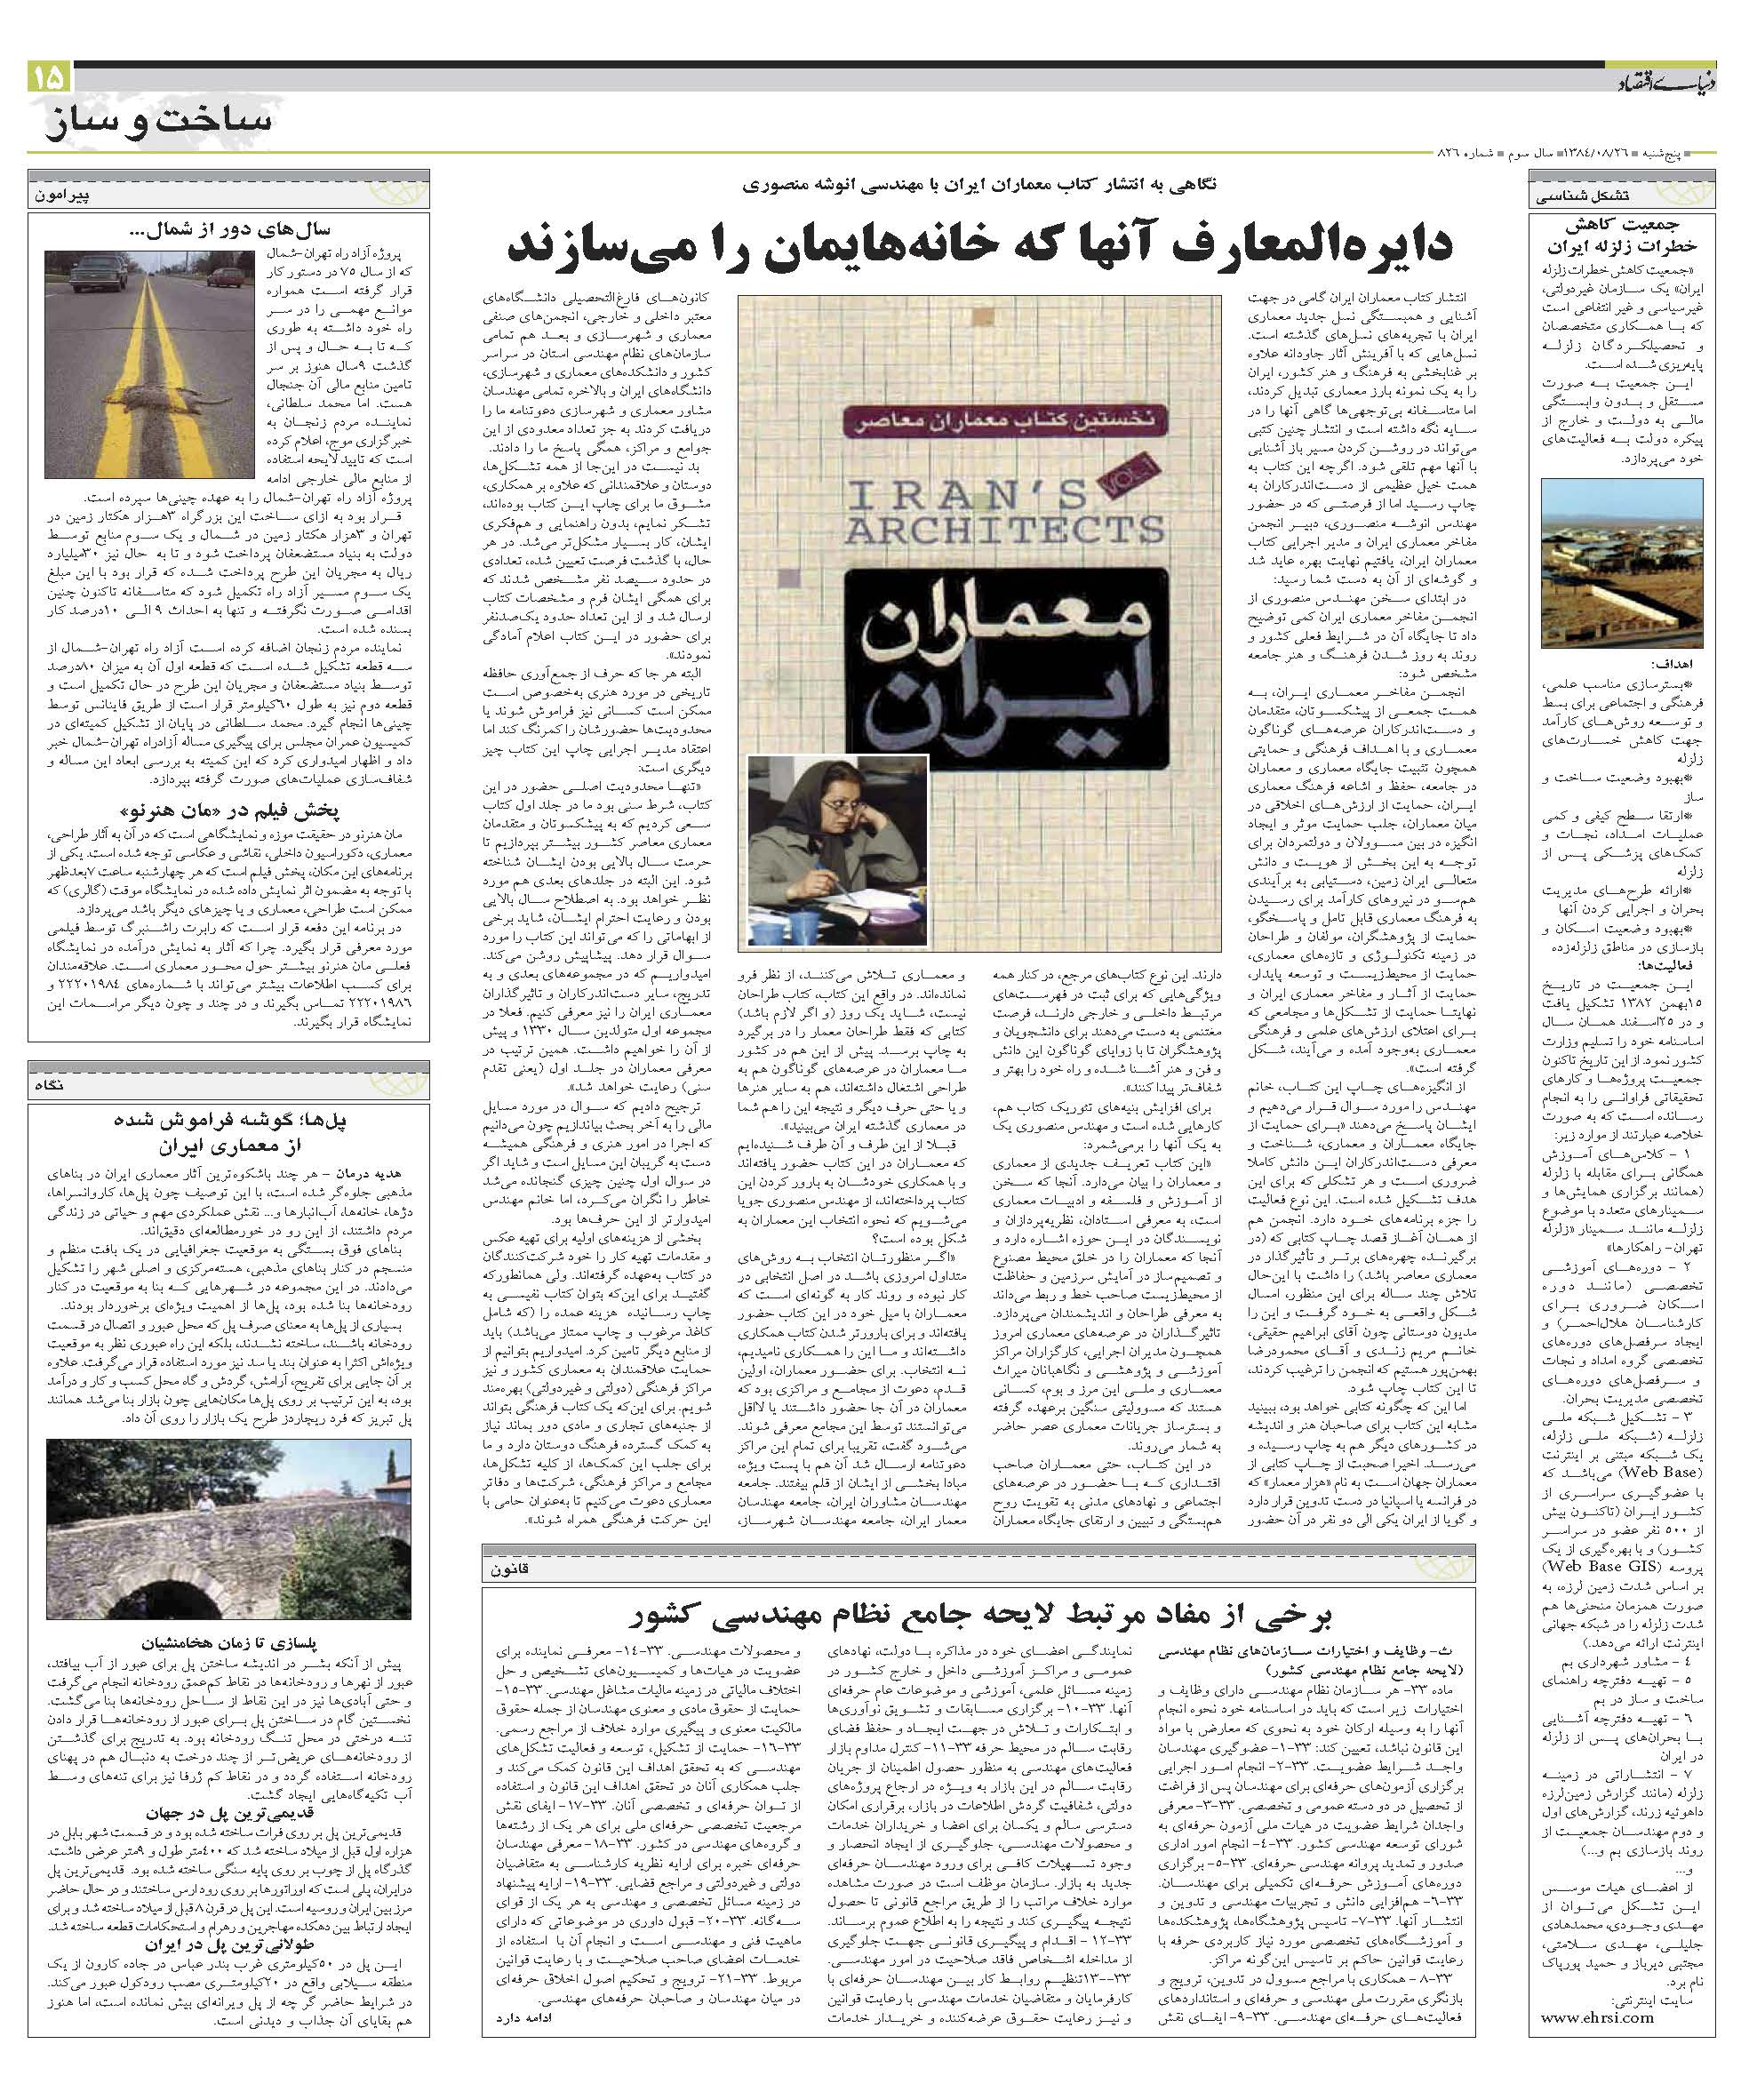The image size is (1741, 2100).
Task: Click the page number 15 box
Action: (x=49, y=76)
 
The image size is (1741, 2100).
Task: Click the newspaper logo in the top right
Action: (x=1660, y=82)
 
